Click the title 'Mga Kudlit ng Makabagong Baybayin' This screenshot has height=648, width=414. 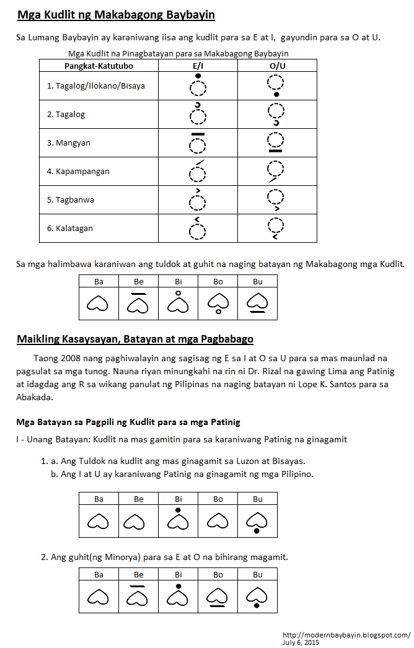pos(116,14)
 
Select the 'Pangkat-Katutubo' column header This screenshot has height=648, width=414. pos(99,66)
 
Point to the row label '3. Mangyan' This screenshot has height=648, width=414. pos(68,142)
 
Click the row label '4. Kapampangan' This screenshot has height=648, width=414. pos(78,171)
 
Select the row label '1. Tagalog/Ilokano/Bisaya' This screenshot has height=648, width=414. pos(95,85)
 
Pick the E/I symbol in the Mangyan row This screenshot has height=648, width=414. pos(197,142)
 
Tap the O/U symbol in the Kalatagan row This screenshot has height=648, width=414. pos(276,228)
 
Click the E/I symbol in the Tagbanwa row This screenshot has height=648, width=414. pos(197,199)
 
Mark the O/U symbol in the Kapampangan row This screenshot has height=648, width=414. pos(276,171)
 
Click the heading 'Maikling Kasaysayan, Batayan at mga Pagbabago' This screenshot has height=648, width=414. pos(135,339)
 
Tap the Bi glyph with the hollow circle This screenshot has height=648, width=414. pos(178,302)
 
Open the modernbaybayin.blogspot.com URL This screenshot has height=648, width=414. pos(345,635)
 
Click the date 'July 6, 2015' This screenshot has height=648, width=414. pos(300,643)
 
